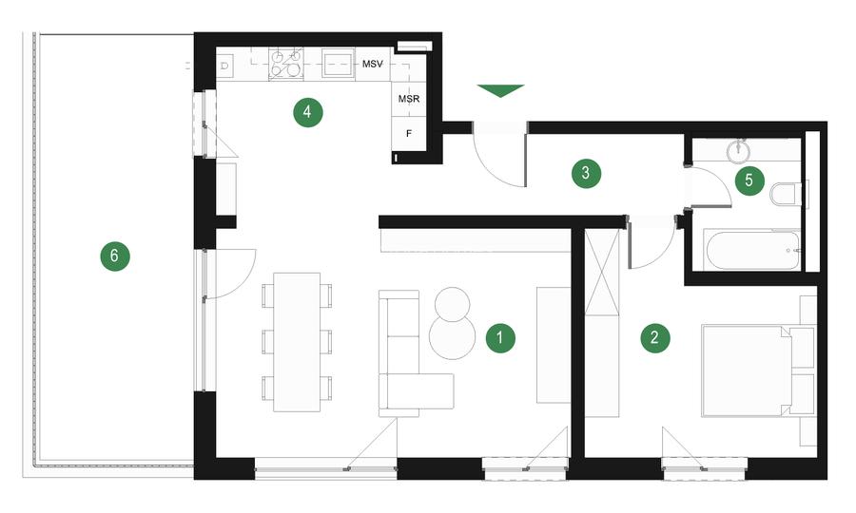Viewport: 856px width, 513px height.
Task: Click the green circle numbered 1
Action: click(500, 337)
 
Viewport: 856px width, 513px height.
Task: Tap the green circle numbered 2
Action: click(653, 337)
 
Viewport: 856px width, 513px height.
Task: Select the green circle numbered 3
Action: click(586, 173)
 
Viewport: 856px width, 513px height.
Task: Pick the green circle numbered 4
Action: click(307, 113)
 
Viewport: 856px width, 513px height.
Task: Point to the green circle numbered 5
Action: click(749, 178)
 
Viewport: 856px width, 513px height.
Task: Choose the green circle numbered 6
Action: click(114, 256)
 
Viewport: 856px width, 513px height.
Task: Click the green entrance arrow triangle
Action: click(500, 90)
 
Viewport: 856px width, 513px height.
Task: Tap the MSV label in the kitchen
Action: click(373, 65)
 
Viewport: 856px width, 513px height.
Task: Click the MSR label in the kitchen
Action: click(409, 99)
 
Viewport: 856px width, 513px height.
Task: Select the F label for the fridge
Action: click(409, 133)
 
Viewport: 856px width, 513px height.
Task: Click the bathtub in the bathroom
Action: click(751, 251)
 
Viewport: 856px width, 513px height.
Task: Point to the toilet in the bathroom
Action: click(786, 195)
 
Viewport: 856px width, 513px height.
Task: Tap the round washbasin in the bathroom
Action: click(739, 148)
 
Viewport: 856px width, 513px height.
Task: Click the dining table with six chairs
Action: click(297, 341)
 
